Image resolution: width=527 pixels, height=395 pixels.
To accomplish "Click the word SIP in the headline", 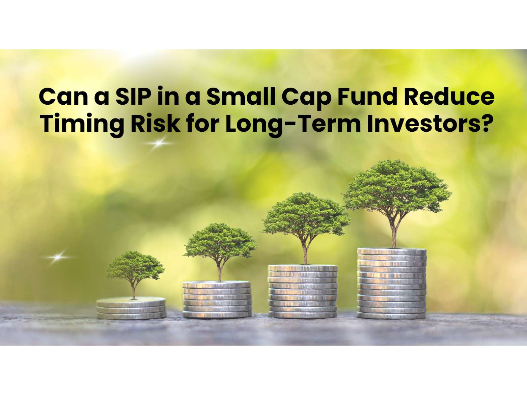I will click(x=133, y=96).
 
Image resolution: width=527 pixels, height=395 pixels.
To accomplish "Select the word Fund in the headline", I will click(x=367, y=96).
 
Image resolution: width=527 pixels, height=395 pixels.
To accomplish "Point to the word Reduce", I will click(x=449, y=96).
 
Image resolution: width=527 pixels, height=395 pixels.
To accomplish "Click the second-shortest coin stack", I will click(x=217, y=299).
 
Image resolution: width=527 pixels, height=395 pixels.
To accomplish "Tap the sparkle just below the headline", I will click(x=159, y=143).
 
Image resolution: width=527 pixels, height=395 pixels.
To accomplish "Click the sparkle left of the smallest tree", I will click(x=57, y=257).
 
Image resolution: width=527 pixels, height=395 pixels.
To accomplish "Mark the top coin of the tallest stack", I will click(x=392, y=251).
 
